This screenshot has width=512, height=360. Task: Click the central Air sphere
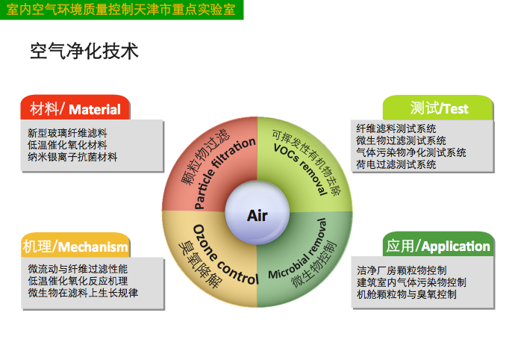[257, 212]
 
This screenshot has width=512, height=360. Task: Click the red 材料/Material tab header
[75, 108]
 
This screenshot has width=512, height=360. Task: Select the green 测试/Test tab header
[438, 108]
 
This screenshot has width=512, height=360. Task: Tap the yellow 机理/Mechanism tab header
[75, 245]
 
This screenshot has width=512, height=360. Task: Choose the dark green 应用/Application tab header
[438, 244]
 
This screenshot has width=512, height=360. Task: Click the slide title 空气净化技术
[84, 52]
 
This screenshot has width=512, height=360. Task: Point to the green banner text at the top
[121, 9]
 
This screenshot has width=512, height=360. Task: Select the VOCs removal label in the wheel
[300, 169]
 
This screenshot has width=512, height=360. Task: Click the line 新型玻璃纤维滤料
[67, 133]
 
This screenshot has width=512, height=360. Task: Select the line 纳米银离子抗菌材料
[72, 157]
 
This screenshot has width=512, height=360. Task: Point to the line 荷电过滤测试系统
[396, 164]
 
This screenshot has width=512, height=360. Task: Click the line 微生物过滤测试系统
[401, 140]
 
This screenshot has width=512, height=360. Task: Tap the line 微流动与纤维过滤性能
[78, 269]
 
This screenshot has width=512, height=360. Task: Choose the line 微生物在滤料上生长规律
[83, 293]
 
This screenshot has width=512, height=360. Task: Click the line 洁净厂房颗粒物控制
[402, 270]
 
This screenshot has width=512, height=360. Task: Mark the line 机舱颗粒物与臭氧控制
[407, 294]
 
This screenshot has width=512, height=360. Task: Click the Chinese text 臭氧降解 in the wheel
[200, 264]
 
